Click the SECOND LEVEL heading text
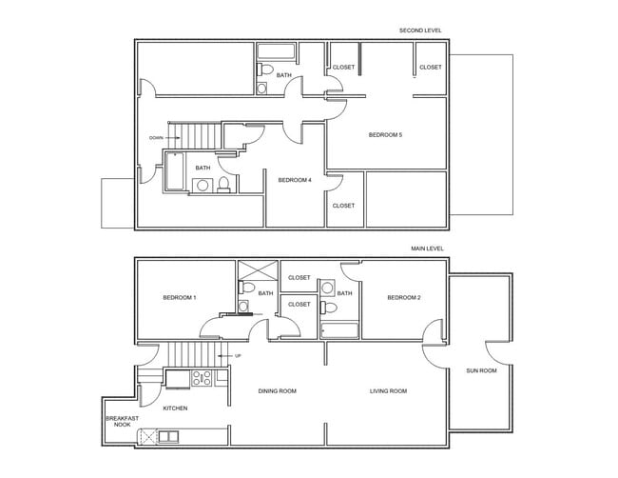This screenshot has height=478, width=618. coord(419,30)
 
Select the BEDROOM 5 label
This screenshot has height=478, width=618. coord(385,135)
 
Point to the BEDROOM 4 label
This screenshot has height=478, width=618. coord(295,179)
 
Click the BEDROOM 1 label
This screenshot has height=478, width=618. coord(180,297)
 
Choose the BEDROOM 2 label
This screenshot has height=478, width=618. coord(403,297)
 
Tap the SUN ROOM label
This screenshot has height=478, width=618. coord(481,370)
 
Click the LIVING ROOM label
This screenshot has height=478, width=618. coord(388,391)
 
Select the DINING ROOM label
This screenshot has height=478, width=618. coord(278,391)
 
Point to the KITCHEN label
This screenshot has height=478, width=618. coord(175,408)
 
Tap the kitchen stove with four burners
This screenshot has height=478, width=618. coord(202,377)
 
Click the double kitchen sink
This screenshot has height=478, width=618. coord(167,436)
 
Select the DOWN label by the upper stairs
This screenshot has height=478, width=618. coord(156,137)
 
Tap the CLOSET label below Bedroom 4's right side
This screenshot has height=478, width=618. coord(343,206)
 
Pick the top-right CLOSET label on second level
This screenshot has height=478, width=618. coord(431,68)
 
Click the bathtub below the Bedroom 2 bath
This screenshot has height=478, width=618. coord(339,330)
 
